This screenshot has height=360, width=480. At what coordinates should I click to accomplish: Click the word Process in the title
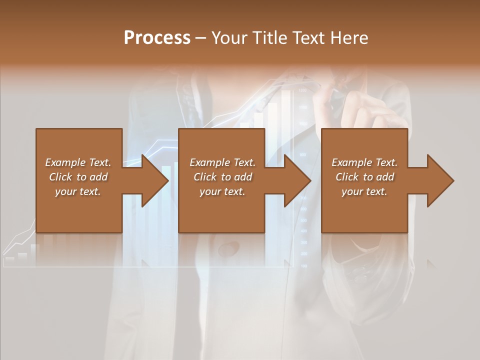[157, 38]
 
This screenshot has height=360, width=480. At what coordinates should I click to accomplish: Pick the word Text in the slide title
[310, 38]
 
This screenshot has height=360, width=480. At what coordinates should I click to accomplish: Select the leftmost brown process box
[79, 210]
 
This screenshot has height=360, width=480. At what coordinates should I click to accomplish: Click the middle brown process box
[221, 210]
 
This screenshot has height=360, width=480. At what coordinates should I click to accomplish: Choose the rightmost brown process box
[364, 210]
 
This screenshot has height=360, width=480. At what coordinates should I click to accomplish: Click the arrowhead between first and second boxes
[155, 180]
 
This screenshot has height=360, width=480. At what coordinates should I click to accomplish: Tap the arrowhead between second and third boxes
[298, 180]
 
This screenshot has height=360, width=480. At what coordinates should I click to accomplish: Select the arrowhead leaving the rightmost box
[440, 180]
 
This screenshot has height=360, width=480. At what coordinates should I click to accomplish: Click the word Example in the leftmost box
[65, 162]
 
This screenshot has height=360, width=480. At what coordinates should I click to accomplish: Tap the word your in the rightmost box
[352, 191]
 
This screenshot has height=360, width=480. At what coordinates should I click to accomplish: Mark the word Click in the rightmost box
[347, 177]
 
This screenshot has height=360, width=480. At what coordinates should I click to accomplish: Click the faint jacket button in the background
[229, 248]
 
